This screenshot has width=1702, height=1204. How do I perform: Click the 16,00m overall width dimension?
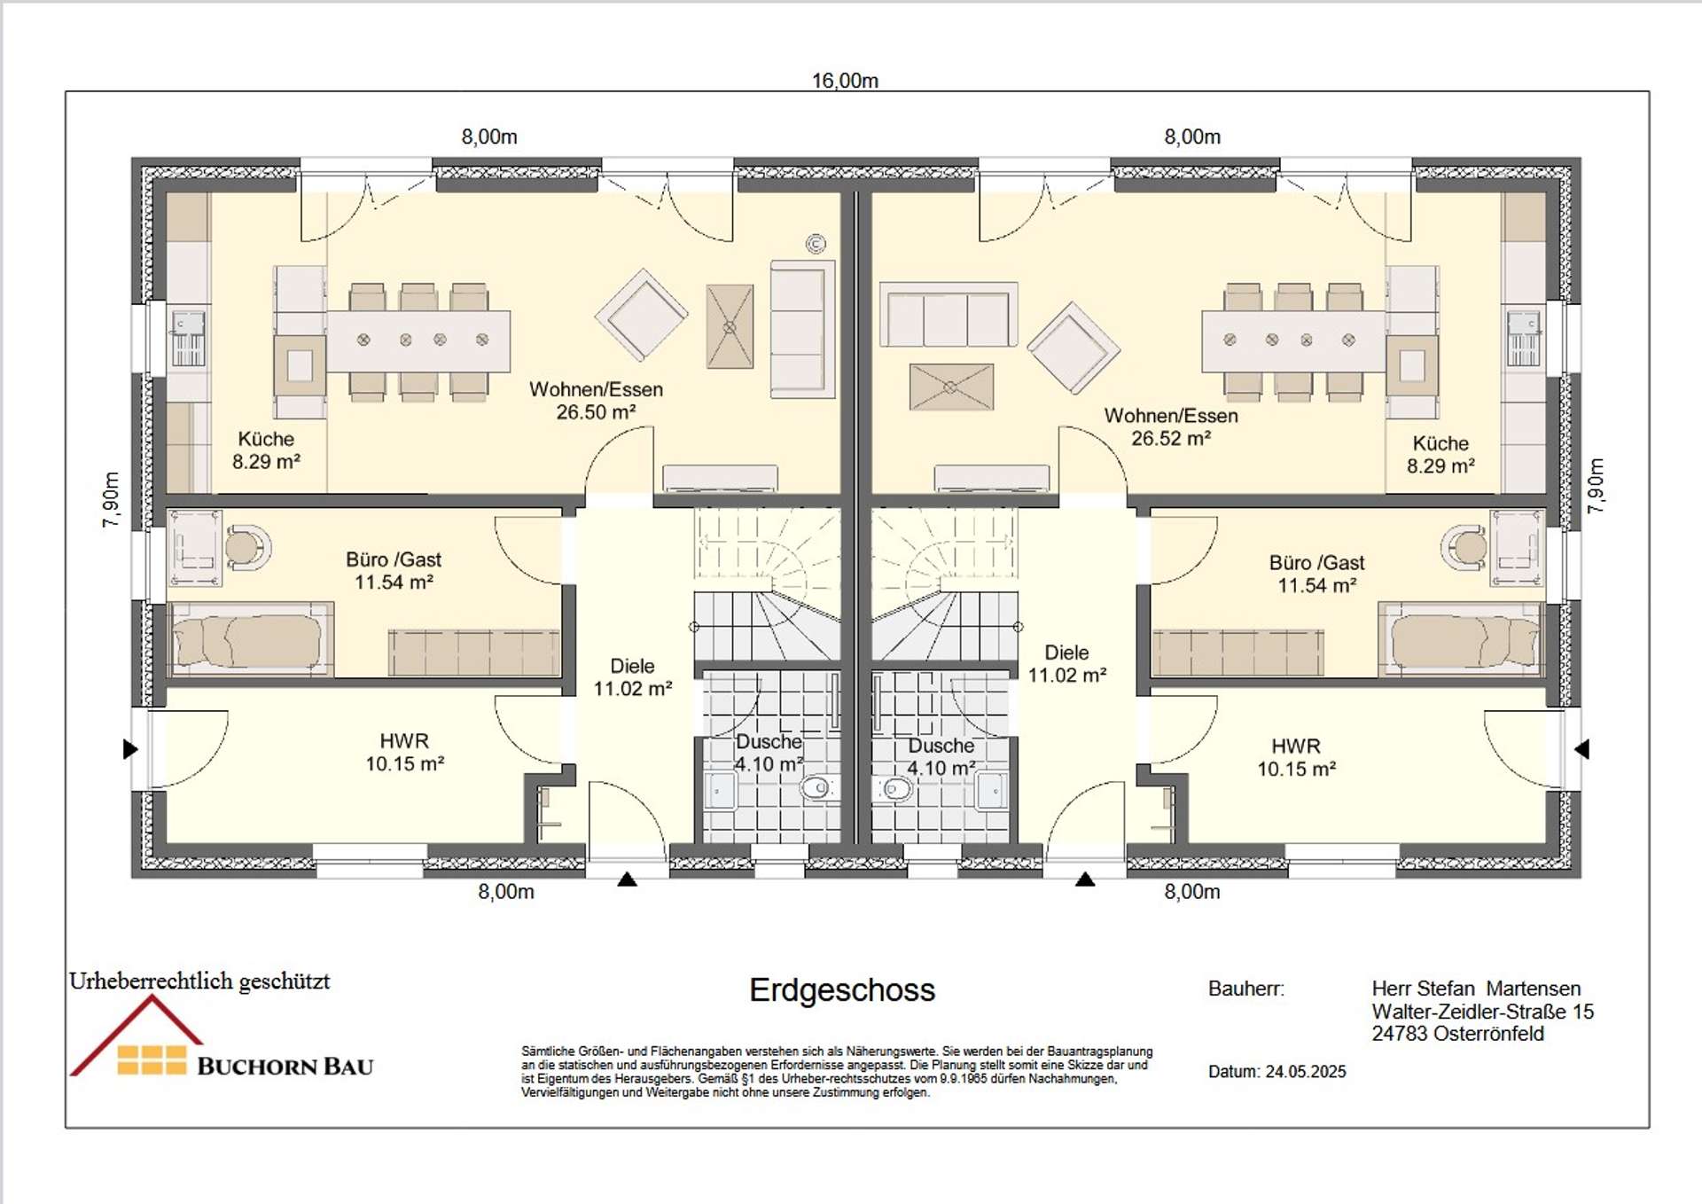click(x=845, y=81)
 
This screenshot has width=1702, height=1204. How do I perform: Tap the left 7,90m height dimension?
click(x=111, y=500)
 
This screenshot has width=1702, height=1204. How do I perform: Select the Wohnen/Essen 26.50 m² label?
click(x=596, y=401)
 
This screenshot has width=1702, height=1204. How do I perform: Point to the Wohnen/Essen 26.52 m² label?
click(x=1170, y=426)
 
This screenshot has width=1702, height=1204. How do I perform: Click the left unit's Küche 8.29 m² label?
click(x=266, y=450)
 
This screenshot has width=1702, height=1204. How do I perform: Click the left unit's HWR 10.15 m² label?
click(x=404, y=752)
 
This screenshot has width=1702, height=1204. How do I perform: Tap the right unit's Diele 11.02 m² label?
click(x=1066, y=663)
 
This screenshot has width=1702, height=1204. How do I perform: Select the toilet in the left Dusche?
click(x=817, y=786)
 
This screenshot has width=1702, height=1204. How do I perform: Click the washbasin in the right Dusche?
click(x=990, y=790)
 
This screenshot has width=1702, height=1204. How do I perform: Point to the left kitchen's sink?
click(x=188, y=339)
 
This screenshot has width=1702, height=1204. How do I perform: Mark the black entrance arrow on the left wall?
click(x=130, y=749)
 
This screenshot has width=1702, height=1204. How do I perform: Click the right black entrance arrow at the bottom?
click(x=1085, y=880)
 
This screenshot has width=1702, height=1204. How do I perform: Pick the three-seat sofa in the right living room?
click(x=948, y=316)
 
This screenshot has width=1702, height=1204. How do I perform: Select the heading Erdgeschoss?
click(x=841, y=989)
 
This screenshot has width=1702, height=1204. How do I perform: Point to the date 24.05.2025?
click(x=1305, y=1071)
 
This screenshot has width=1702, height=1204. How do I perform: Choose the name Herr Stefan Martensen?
click(x=1475, y=988)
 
